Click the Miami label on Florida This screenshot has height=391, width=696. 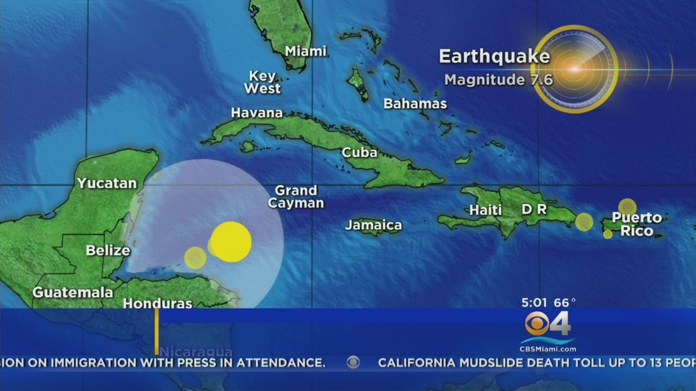point(306,52)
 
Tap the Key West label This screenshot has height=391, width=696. point(263,82)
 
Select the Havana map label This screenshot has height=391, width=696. point(257,113)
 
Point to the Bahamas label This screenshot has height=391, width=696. point(415,104)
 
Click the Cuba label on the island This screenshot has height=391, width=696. point(359,153)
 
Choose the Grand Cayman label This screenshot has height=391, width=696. point(296,197)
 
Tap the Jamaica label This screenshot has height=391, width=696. point(374,225)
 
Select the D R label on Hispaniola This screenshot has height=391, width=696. point(534,209)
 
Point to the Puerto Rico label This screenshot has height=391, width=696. point(637,224)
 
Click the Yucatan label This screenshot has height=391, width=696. point(107,183)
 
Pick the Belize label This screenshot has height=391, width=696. point(108,250)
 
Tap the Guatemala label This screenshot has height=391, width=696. point(73,292)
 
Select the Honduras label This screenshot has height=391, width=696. point(158,303)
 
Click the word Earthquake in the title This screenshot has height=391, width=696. point(494,57)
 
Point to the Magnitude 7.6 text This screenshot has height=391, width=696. point(499,80)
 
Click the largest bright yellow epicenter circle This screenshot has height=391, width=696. point(231,242)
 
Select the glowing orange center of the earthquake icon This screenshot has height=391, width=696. point(574,69)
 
